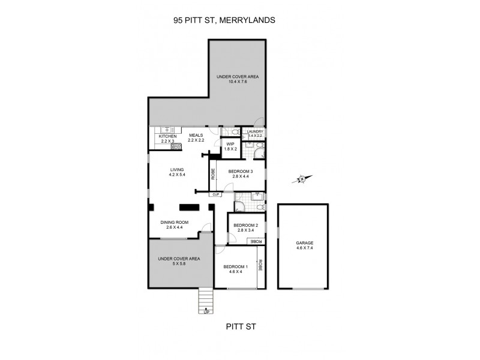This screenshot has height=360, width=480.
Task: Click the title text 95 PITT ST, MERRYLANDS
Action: [x=224, y=20]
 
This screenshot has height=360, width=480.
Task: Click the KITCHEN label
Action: [x=167, y=136]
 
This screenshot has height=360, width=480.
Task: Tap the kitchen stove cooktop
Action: [x=176, y=145]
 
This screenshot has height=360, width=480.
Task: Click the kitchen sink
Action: [x=164, y=129]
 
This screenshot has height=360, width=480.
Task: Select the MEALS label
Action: [x=196, y=136]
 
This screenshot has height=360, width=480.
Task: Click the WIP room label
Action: [x=230, y=144]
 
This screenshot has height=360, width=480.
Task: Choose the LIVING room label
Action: [x=178, y=170]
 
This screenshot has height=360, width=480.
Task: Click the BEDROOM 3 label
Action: [x=240, y=171]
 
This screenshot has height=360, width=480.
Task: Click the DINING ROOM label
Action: [x=174, y=223]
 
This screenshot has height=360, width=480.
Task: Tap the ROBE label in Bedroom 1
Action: [x=260, y=266]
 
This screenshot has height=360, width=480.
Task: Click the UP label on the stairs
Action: [x=206, y=312]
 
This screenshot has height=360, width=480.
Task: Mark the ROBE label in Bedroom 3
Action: [x=213, y=174]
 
